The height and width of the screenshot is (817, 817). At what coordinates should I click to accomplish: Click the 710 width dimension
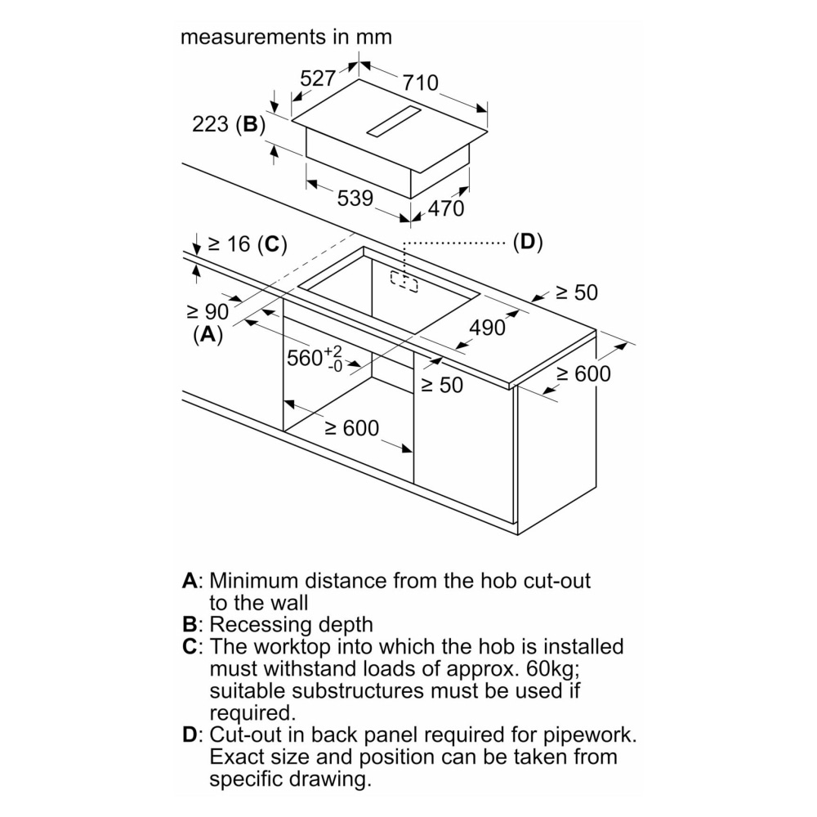[x=421, y=83]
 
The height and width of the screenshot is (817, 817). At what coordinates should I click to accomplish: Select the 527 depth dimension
[x=317, y=78]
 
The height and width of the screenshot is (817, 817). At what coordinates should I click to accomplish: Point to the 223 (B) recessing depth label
[x=229, y=124]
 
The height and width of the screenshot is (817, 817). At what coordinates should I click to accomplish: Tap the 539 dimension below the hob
[x=355, y=198]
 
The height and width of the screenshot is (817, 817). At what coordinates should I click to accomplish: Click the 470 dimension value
[x=446, y=208]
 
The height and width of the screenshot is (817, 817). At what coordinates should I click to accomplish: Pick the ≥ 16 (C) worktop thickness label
[x=248, y=243]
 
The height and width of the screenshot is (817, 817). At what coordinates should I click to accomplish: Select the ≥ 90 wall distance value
[x=208, y=311]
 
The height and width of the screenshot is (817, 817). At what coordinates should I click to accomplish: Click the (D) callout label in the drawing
[x=528, y=242]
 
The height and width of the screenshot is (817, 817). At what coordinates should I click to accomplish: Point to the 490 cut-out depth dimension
[x=487, y=328]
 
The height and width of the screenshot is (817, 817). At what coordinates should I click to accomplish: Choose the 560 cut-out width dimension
[x=315, y=358]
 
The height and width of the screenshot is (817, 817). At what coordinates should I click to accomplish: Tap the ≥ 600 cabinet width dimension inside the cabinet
[x=351, y=428]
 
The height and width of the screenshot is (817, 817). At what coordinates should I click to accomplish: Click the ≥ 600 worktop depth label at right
[x=583, y=374]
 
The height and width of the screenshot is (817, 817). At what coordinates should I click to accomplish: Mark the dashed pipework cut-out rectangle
[x=404, y=281]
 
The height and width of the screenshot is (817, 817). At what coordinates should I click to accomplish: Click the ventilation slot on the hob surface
[x=394, y=121]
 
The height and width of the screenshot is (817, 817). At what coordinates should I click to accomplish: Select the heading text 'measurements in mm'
[x=286, y=37]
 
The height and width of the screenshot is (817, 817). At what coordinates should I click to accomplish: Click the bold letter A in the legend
[x=190, y=580]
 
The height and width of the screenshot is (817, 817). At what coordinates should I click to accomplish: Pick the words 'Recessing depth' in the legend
[x=292, y=624]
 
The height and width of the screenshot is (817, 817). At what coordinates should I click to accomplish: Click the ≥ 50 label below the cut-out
[x=442, y=386]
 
